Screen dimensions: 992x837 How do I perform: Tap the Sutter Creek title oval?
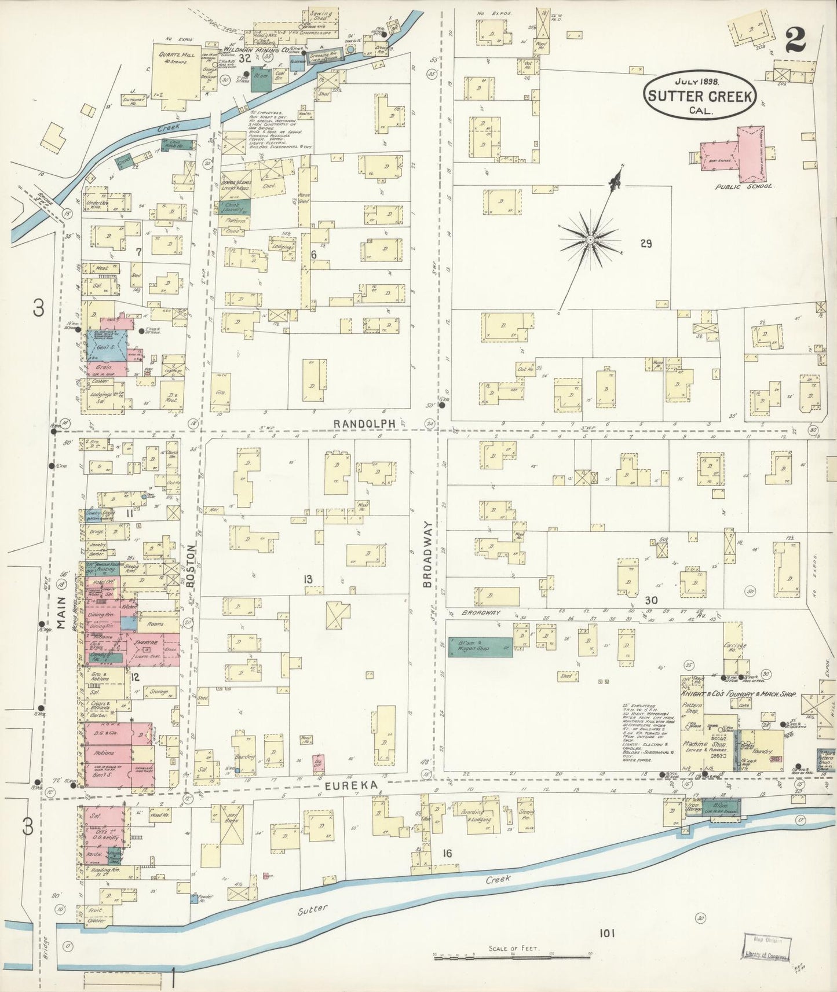[700, 97]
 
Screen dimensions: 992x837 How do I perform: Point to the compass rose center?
[590, 239]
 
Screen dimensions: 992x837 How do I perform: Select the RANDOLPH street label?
[364, 424]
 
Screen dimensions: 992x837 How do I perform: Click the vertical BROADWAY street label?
[427, 554]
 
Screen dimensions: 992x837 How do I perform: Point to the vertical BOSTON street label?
[192, 565]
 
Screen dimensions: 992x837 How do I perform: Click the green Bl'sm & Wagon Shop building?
[480, 648]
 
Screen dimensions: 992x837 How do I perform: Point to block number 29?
[646, 244]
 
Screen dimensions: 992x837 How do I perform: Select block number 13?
[308, 579]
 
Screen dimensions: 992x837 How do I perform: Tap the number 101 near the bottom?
[606, 932]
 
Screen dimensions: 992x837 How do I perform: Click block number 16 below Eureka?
[447, 853]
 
